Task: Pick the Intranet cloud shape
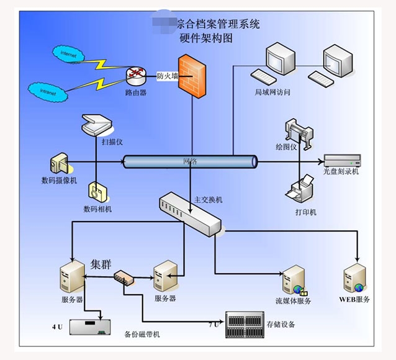point(48,92)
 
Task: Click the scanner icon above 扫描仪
point(96,124)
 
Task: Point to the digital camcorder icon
point(60,164)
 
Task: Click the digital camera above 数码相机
point(97,191)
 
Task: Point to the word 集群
point(101,263)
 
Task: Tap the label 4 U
point(57,325)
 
